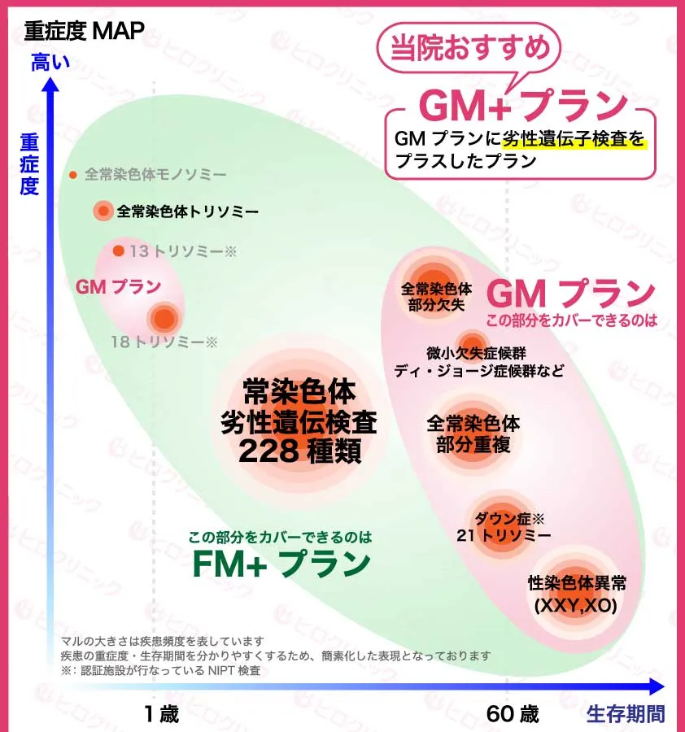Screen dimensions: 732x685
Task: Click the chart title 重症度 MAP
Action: pyautogui.click(x=85, y=30)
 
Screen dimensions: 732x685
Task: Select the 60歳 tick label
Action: pyautogui.click(x=513, y=714)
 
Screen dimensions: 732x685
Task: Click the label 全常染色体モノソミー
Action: pyautogui.click(x=155, y=174)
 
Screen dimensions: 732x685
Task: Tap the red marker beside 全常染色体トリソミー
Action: pyautogui.click(x=103, y=211)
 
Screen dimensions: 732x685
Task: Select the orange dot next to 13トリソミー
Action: pyautogui.click(x=119, y=251)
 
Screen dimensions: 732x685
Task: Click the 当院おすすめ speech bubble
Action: pyautogui.click(x=469, y=49)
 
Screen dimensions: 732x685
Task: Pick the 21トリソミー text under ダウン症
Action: pyautogui.click(x=504, y=535)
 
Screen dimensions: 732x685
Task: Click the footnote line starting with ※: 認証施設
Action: pyautogui.click(x=160, y=670)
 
